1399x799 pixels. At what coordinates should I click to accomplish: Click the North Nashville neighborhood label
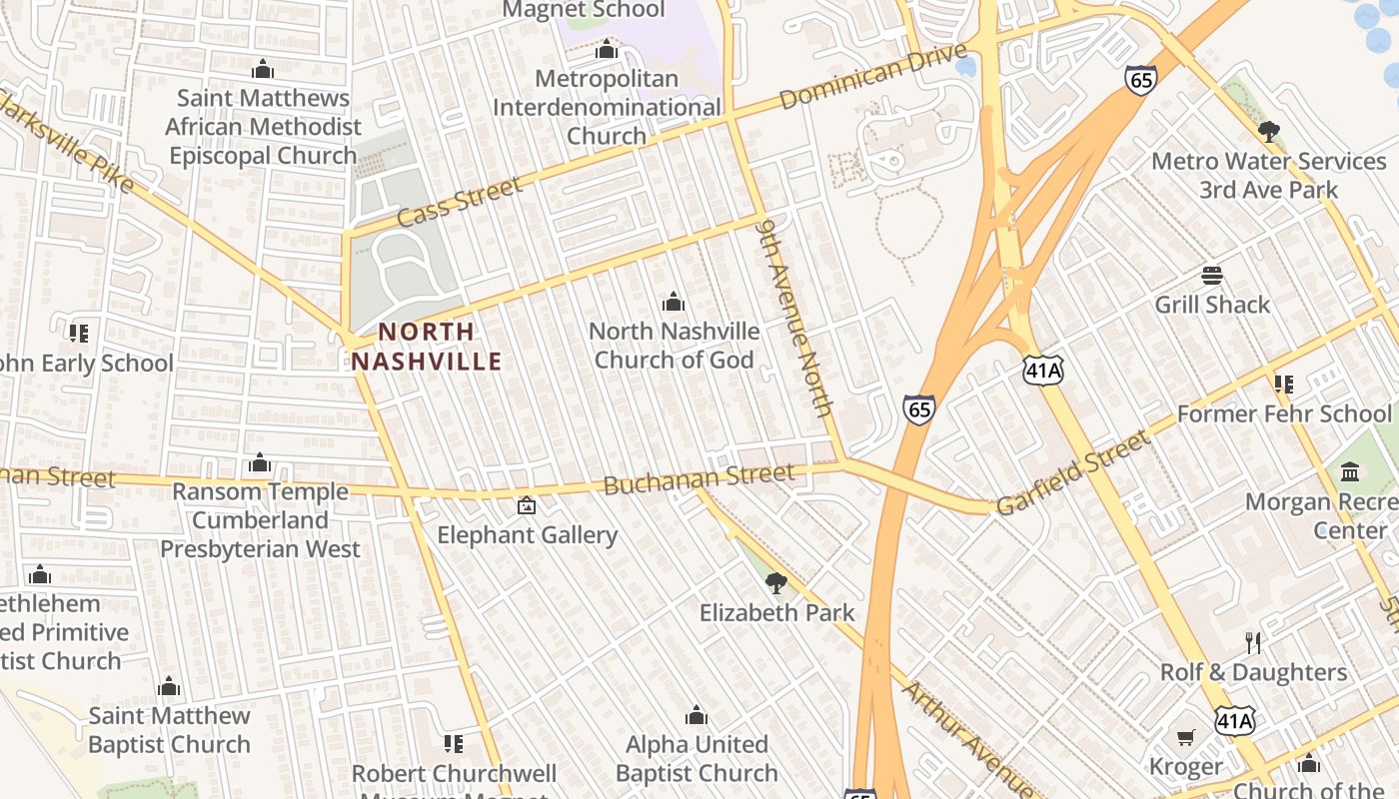(x=427, y=347)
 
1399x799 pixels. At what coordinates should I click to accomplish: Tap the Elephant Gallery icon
(x=527, y=506)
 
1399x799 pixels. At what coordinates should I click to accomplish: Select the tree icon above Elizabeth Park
(x=775, y=582)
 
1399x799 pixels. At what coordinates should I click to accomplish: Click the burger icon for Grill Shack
(x=1212, y=276)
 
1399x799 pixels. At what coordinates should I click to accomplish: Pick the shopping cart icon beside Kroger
(x=1186, y=738)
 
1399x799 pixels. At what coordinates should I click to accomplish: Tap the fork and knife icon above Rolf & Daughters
(x=1252, y=642)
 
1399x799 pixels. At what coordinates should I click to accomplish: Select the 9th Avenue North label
(x=795, y=318)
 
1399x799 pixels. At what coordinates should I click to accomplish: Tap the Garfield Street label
(x=1074, y=472)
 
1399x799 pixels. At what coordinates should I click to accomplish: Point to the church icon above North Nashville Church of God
(x=674, y=302)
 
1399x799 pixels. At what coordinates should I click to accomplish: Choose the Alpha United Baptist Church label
(x=697, y=759)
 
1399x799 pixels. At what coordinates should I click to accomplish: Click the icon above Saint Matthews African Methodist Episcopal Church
(x=263, y=69)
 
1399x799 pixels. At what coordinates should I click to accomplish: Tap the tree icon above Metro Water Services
(x=1269, y=131)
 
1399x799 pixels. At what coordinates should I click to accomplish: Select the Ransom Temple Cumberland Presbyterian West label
(x=260, y=520)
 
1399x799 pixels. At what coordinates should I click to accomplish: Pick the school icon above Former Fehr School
(x=1284, y=384)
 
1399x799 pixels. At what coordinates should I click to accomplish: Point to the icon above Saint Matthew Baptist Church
(x=169, y=687)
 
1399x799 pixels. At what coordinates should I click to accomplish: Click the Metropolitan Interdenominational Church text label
(x=607, y=107)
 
